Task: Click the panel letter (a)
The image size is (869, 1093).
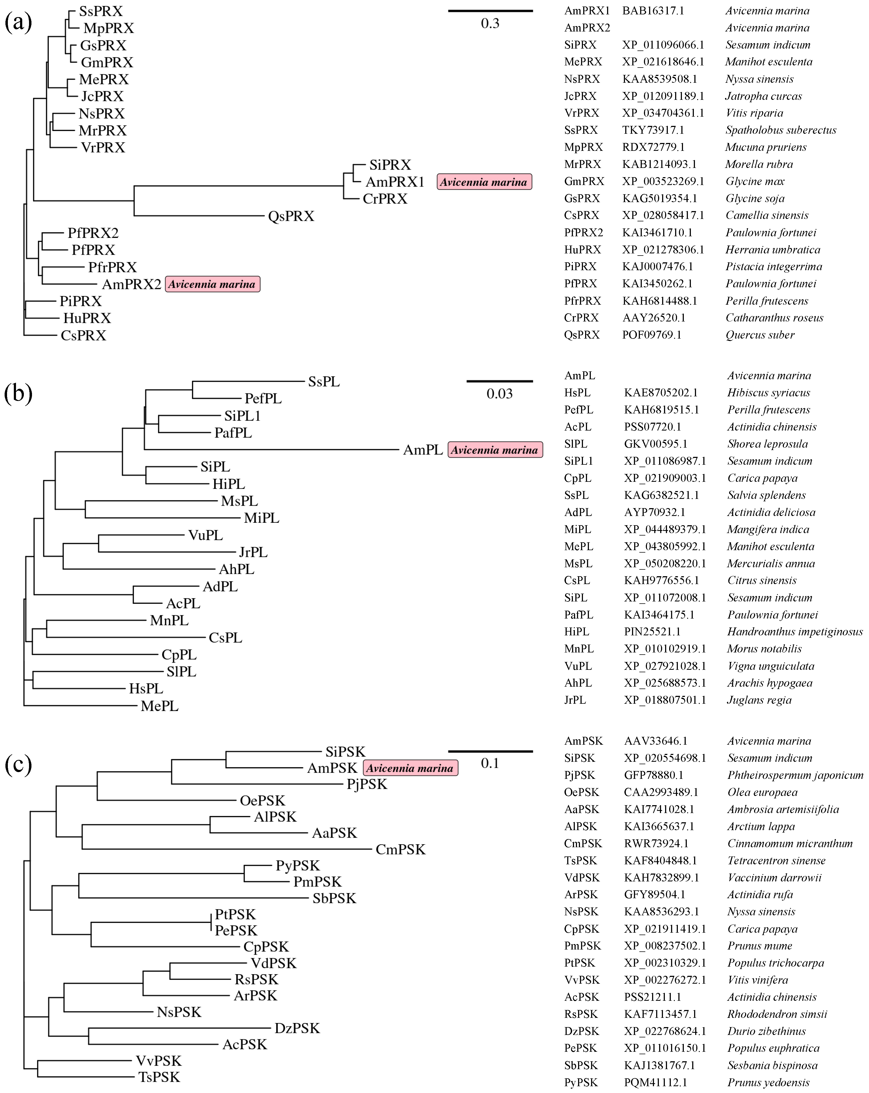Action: (x=18, y=23)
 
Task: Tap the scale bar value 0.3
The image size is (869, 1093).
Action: (x=490, y=23)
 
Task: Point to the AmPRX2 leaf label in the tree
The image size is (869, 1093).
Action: (x=131, y=284)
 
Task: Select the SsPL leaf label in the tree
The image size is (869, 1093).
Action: (x=324, y=382)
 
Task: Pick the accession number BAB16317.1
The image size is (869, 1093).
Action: (x=653, y=11)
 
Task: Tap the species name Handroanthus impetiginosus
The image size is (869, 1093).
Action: (x=794, y=632)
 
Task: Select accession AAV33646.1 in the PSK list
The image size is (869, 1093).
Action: (x=655, y=741)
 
